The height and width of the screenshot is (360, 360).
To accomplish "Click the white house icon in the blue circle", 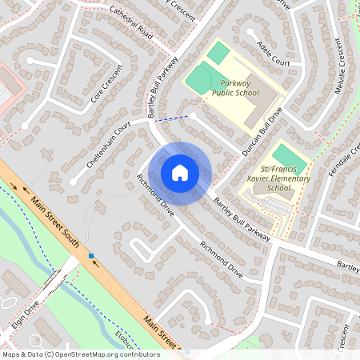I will click(x=180, y=172).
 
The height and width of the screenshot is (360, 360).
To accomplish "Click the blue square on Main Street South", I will click(x=91, y=256).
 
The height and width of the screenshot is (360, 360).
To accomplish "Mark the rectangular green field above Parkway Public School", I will click(x=218, y=54).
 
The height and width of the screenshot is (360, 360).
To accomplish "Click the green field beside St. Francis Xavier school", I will click(x=283, y=155).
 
